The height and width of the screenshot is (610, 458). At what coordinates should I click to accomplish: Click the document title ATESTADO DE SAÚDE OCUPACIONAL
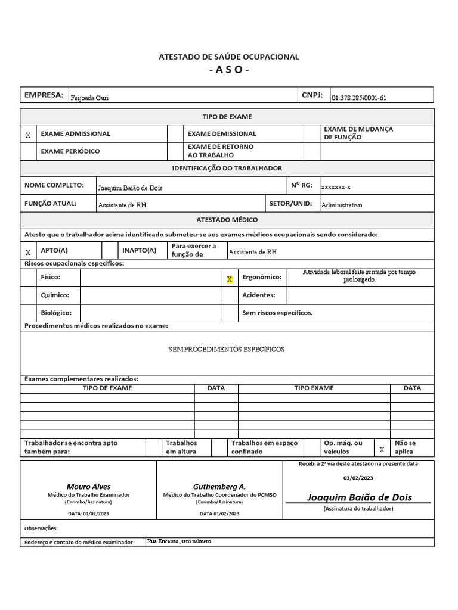[228, 57]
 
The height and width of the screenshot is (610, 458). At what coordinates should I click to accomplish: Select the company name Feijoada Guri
[89, 98]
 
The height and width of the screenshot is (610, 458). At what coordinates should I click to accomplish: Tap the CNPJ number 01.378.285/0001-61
[359, 98]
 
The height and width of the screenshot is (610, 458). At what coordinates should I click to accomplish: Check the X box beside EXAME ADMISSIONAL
[28, 135]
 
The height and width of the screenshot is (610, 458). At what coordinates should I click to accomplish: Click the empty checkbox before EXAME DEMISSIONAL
[175, 134]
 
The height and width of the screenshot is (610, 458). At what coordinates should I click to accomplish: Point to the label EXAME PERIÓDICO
[70, 151]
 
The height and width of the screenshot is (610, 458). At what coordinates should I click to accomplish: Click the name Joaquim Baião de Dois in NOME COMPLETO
[130, 188]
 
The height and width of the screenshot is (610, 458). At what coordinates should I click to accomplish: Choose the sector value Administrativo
[341, 205]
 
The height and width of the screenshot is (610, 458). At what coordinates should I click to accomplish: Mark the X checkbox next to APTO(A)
[28, 252]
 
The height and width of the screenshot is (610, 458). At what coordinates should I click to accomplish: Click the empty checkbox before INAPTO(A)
[110, 251]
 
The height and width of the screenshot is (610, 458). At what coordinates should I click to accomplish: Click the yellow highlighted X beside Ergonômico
[230, 279]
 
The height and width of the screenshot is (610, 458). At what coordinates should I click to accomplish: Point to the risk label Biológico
[56, 313]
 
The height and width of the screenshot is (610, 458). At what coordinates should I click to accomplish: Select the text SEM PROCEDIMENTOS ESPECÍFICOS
[227, 349]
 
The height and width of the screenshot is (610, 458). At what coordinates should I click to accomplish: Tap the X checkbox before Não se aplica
[382, 450]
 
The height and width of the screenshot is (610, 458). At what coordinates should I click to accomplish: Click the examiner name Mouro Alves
[88, 487]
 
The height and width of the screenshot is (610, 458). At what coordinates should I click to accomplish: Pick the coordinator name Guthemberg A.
[219, 487]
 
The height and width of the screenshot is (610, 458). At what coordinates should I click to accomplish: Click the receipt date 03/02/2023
[358, 478]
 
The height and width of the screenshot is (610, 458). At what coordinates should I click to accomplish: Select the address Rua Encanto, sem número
[180, 541]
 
